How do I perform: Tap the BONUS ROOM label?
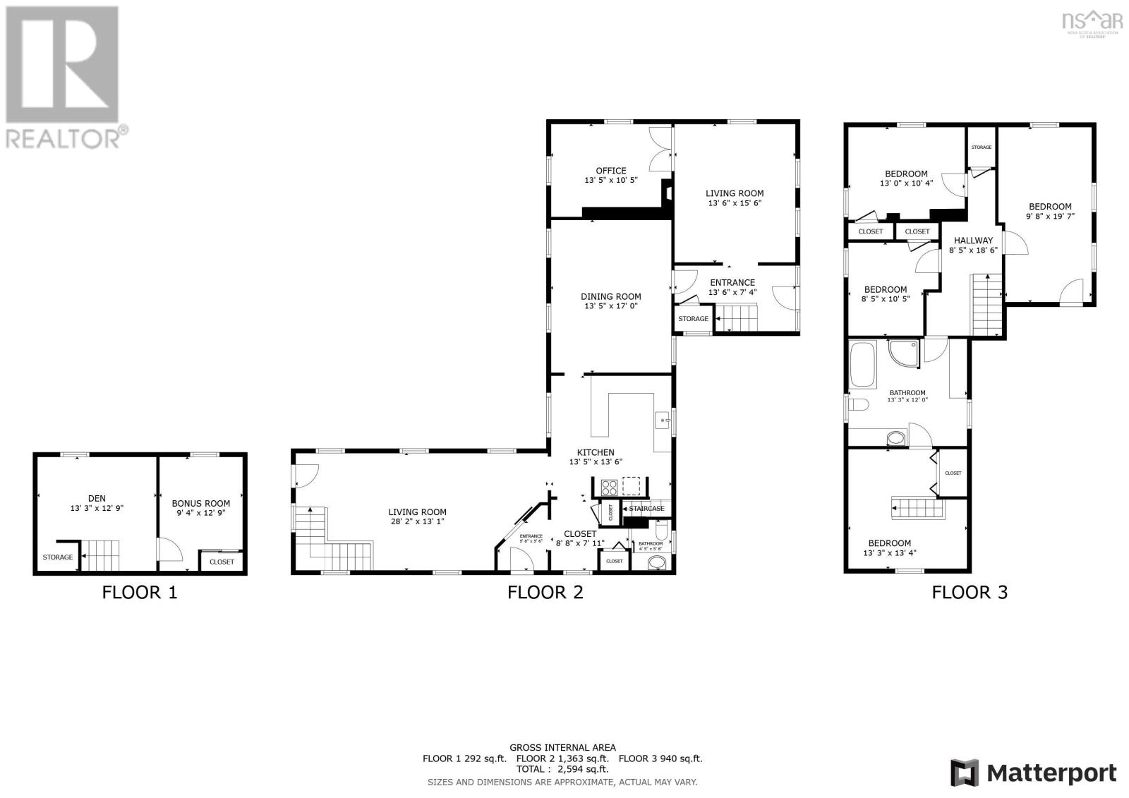click(201, 504)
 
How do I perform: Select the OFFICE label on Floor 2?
click(610, 171)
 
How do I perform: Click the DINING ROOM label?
click(610, 297)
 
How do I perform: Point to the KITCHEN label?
click(596, 453)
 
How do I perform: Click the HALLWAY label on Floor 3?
click(973, 241)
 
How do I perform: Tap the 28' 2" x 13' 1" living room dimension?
click(417, 521)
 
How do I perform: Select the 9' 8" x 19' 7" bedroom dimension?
click(1050, 217)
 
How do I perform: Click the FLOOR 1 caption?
click(140, 593)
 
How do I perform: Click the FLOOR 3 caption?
click(970, 593)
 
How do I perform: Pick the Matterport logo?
click(1033, 773)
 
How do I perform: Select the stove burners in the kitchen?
click(608, 487)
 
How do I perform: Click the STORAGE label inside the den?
click(57, 557)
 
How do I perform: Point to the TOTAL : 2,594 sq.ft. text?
click(562, 770)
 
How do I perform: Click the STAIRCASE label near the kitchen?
click(646, 509)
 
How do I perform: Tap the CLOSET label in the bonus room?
click(222, 562)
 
